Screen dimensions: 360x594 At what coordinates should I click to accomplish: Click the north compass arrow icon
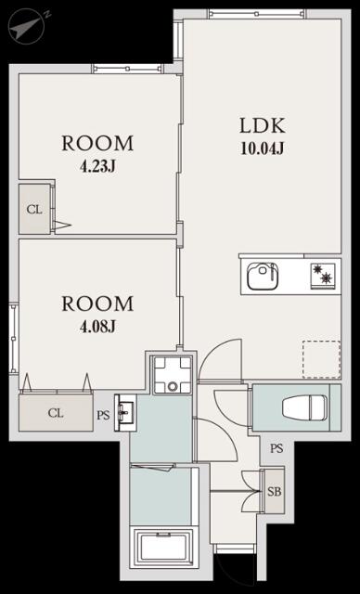(27, 26)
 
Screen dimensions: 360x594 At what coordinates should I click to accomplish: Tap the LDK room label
(263, 126)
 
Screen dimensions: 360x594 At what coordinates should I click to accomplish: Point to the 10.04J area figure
(263, 148)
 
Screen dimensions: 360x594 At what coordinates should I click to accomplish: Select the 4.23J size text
(97, 166)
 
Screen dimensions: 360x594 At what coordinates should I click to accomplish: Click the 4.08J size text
(97, 326)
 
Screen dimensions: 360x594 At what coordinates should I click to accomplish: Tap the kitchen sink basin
(263, 277)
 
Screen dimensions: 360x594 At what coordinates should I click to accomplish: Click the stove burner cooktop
(323, 276)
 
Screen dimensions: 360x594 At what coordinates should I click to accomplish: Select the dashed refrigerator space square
(321, 359)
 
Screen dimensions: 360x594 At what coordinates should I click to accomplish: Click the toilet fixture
(304, 407)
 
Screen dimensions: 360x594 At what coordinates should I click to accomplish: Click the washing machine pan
(173, 375)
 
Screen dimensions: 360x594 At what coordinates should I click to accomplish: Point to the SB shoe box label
(275, 492)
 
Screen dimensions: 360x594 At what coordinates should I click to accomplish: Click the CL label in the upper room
(34, 210)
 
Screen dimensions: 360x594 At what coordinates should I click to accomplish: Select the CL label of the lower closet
(56, 413)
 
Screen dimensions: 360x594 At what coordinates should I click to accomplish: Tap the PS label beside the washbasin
(103, 415)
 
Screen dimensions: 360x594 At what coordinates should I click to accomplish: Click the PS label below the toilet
(276, 448)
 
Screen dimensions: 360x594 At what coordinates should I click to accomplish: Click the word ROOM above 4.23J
(97, 143)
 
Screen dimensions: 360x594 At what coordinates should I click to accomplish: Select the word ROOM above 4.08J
(97, 303)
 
